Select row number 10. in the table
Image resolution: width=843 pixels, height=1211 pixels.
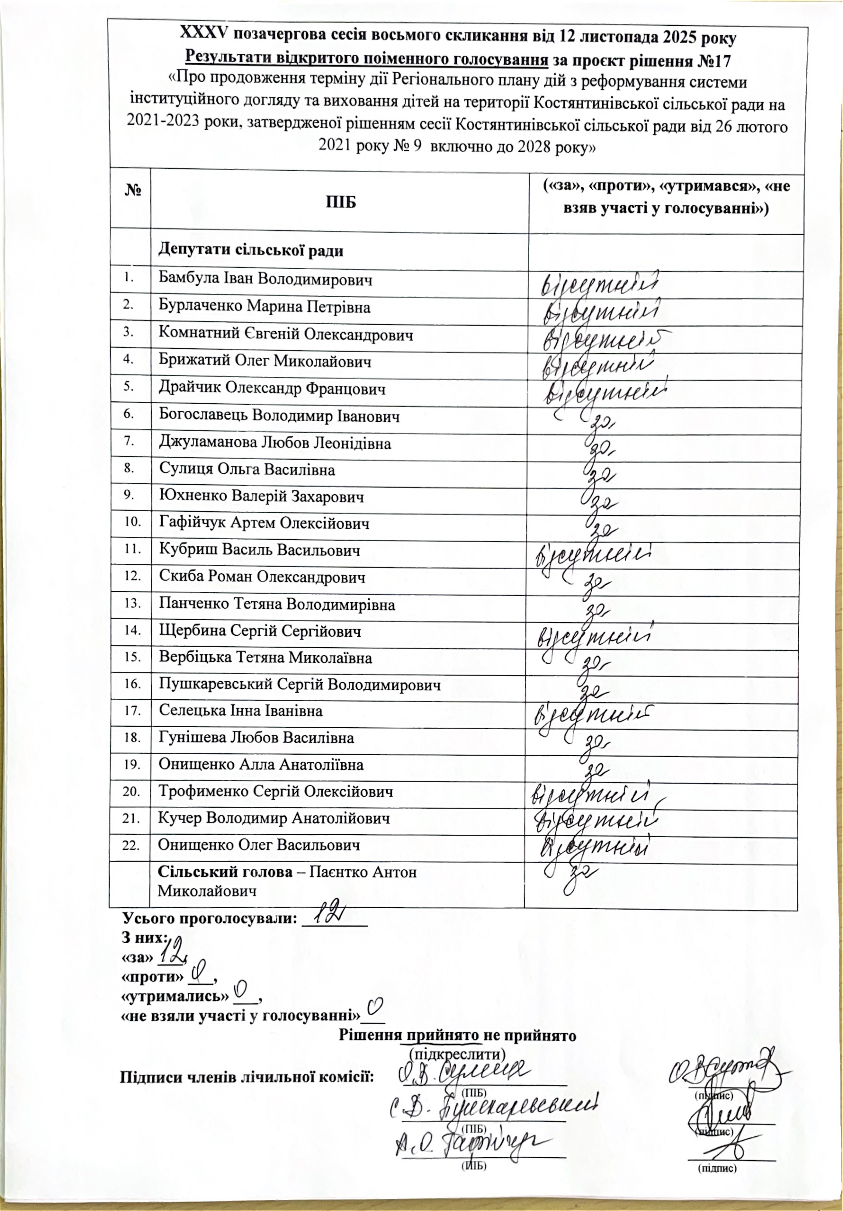pos(132,522)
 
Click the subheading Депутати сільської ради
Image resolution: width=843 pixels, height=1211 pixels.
pos(250,250)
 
